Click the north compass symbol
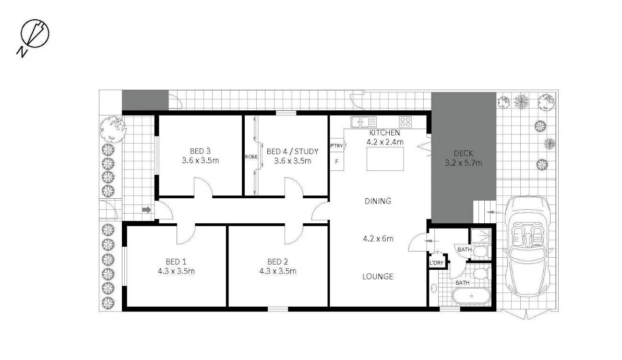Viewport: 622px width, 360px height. pyautogui.click(x=34, y=35)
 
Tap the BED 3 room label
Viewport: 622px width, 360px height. pyautogui.click(x=200, y=150)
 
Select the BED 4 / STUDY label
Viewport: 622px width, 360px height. pyautogui.click(x=292, y=151)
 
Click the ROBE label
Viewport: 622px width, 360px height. pyautogui.click(x=251, y=156)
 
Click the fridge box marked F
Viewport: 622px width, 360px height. pyautogui.click(x=336, y=161)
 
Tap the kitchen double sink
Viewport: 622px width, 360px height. pyautogui.click(x=364, y=122)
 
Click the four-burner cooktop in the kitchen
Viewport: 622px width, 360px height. pyautogui.click(x=405, y=122)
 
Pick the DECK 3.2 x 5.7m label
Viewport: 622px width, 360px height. pyautogui.click(x=463, y=158)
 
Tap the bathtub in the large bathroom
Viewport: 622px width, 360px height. pyautogui.click(x=471, y=297)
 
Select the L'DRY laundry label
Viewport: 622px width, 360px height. pyautogui.click(x=437, y=263)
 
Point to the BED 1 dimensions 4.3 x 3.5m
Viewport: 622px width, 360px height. pyautogui.click(x=176, y=271)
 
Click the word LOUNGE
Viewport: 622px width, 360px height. pyautogui.click(x=377, y=276)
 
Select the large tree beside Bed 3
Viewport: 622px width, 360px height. pyautogui.click(x=113, y=128)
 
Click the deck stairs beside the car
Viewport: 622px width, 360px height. pyautogui.click(x=483, y=212)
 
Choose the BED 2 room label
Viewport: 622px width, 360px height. pyautogui.click(x=277, y=262)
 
